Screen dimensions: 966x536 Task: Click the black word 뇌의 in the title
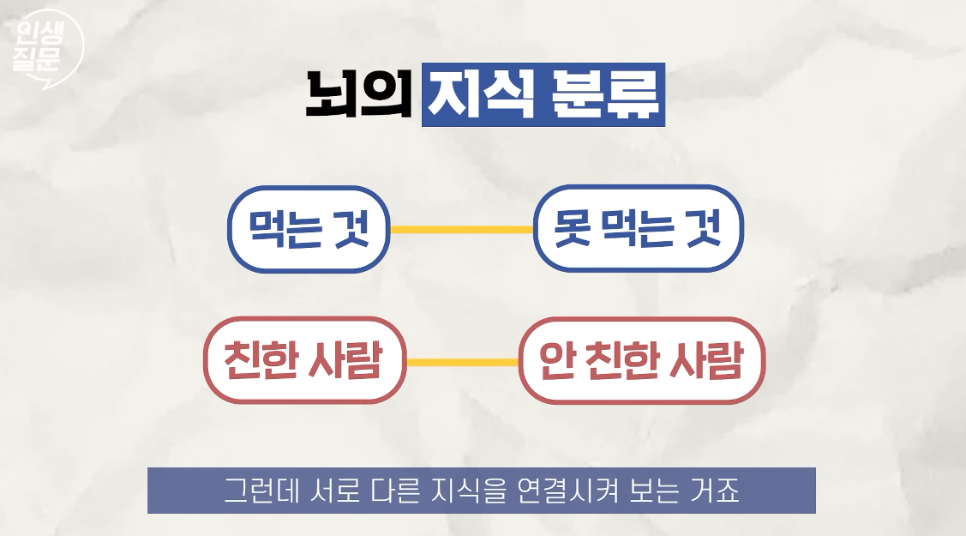[x=359, y=95]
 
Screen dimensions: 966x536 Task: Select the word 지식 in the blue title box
[x=481, y=95]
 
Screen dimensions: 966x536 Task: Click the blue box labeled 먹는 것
[x=309, y=230]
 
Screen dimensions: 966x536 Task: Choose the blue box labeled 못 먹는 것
[x=638, y=230]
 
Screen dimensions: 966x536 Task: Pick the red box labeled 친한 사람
[x=304, y=361]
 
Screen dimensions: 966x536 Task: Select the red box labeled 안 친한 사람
[x=641, y=361]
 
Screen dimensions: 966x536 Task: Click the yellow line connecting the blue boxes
[x=461, y=230]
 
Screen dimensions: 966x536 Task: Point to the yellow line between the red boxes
[x=463, y=362]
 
